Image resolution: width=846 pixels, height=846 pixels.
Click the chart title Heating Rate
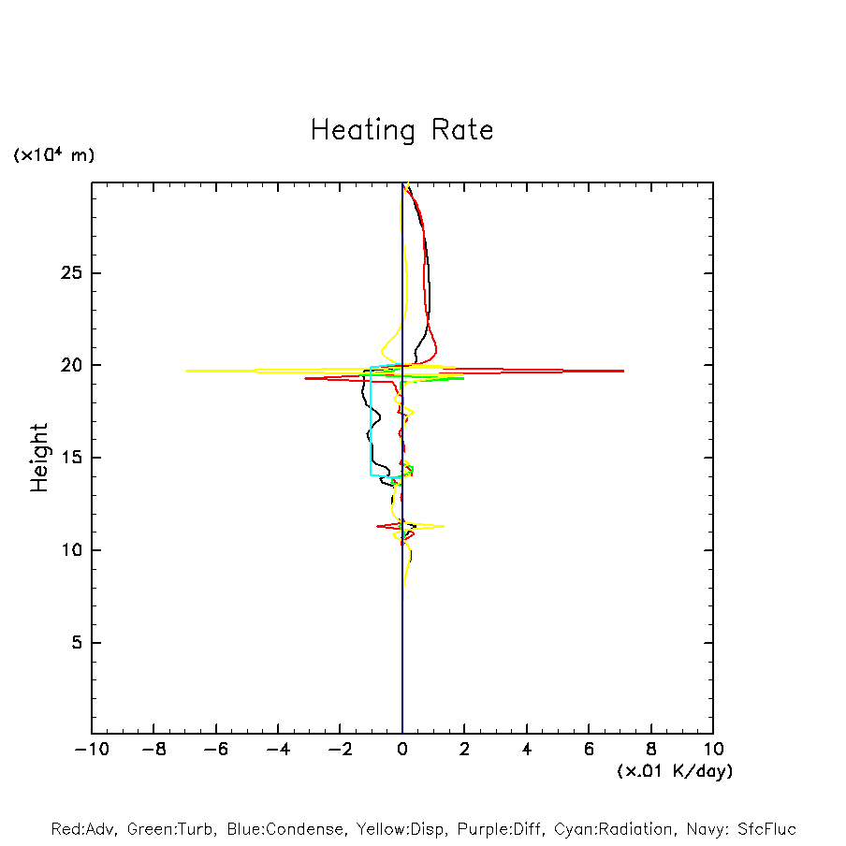pos(401,130)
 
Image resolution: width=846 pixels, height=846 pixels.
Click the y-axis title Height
pos(39,458)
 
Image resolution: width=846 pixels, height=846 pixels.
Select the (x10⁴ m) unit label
pos(53,155)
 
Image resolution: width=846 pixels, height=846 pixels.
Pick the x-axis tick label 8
pos(651,749)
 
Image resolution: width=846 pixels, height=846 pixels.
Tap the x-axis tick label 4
pos(527,749)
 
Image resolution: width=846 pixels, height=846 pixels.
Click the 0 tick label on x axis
pos(402,749)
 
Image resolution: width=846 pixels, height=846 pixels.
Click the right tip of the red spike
pos(623,371)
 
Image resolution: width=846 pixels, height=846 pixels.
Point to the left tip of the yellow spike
pos(186,371)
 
